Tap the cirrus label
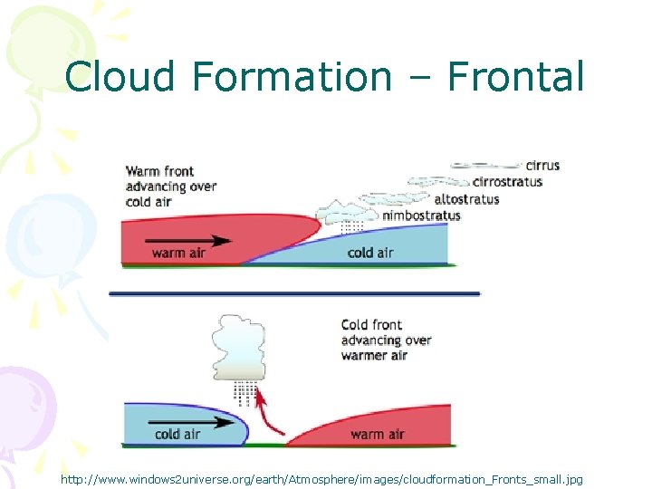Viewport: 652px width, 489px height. tap(542, 166)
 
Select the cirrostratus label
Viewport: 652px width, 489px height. tap(507, 182)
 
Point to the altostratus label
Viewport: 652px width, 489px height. tap(467, 199)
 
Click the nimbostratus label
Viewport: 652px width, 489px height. tap(421, 216)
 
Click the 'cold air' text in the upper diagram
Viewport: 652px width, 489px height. tap(370, 253)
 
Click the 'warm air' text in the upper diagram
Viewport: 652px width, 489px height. tap(178, 254)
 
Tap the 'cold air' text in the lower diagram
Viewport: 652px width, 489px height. tap(177, 435)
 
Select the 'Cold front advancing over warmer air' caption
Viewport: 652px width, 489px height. tap(386, 340)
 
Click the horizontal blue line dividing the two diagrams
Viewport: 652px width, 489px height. tap(294, 293)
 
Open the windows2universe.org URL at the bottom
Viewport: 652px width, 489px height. tap(321, 478)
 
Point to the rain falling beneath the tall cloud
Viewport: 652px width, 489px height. tap(243, 392)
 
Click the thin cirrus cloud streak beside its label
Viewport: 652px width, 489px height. tap(486, 167)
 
